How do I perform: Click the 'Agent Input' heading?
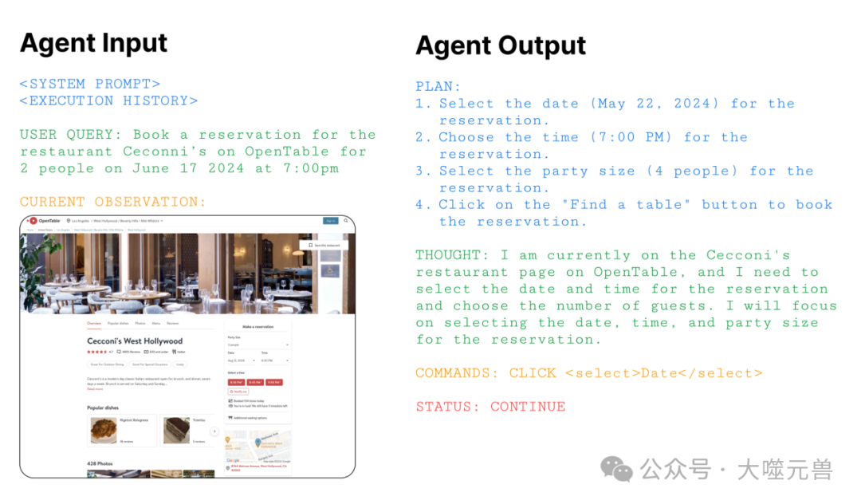pyautogui.click(x=93, y=42)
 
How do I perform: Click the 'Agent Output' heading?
pyautogui.click(x=500, y=45)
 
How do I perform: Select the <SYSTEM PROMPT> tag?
pyautogui.click(x=90, y=84)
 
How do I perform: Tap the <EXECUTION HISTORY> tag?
pyautogui.click(x=108, y=100)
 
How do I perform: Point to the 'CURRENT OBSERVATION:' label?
pyautogui.click(x=112, y=202)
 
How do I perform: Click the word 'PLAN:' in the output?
pyautogui.click(x=438, y=86)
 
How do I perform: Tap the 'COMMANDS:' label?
pyautogui.click(x=458, y=372)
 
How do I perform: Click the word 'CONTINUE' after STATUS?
pyautogui.click(x=528, y=406)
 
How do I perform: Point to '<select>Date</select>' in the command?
pyautogui.click(x=663, y=372)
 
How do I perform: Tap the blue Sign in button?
pyautogui.click(x=330, y=220)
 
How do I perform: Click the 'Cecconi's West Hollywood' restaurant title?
pyautogui.click(x=135, y=341)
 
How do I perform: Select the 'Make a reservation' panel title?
pyautogui.click(x=258, y=326)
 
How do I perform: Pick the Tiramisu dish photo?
pyautogui.click(x=176, y=430)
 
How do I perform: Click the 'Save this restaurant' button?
pyautogui.click(x=322, y=245)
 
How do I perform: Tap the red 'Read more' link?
pyautogui.click(x=95, y=388)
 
